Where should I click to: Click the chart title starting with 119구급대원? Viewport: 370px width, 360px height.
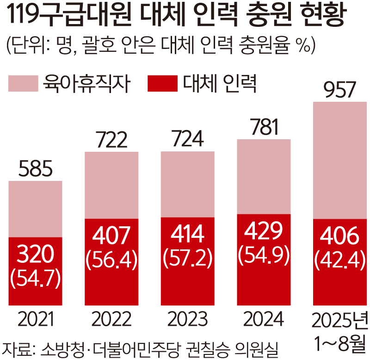point(176,17)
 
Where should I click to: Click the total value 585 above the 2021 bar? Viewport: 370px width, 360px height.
point(35,170)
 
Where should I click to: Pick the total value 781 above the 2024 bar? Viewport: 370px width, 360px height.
point(264,128)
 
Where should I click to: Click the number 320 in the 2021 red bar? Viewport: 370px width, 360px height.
point(35,254)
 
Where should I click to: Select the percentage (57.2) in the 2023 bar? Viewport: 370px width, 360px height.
point(188,261)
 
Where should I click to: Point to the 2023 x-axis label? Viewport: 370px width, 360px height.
point(188,320)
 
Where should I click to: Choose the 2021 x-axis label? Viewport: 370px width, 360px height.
point(35,320)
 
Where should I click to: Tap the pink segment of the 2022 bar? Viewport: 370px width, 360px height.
point(111,185)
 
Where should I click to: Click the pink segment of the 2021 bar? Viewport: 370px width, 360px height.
point(35,208)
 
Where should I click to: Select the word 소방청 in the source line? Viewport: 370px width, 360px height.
point(62,348)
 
